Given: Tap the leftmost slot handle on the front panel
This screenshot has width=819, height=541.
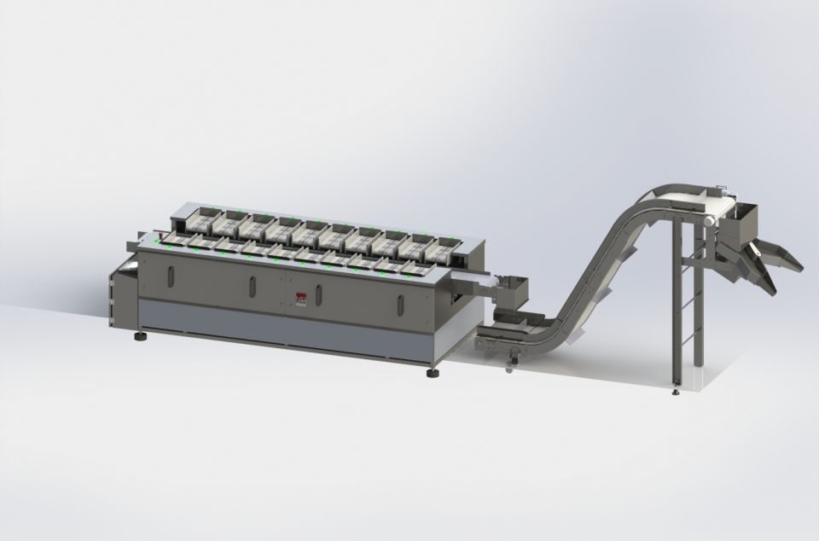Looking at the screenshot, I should pyautogui.click(x=170, y=278).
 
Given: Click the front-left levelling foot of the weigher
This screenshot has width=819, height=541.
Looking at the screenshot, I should pyautogui.click(x=139, y=336).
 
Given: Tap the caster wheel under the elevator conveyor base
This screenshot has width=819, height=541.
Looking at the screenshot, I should pyautogui.click(x=510, y=368).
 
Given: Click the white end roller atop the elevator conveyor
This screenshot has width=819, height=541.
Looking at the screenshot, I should pyautogui.click(x=707, y=220).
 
